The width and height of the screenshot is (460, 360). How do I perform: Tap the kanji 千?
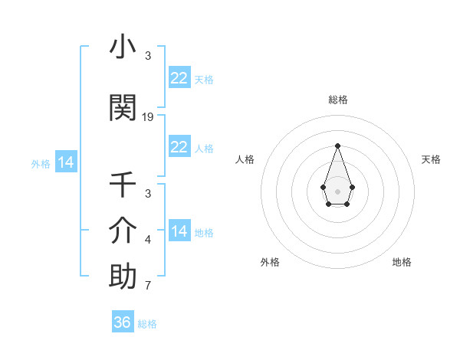123,185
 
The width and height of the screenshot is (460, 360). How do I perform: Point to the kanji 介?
123,230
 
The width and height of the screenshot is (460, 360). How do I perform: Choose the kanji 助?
123,276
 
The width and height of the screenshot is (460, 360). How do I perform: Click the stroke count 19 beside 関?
148,117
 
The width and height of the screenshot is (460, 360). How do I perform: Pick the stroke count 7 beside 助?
148,286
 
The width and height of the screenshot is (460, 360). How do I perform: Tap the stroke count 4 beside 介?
148,241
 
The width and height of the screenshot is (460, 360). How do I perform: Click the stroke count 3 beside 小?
148,56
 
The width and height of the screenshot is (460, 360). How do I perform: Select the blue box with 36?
123,322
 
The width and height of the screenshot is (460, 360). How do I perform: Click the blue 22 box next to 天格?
179,78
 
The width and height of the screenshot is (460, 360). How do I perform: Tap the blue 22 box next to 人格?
179,147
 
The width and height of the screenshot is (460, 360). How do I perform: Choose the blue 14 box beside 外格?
65,162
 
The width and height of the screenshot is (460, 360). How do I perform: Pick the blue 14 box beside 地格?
179,231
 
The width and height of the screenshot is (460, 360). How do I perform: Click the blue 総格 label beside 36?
147,324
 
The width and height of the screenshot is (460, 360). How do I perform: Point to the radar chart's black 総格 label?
337,100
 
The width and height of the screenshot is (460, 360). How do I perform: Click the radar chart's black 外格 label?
270,262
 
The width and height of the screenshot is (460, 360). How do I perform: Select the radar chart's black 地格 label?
402,262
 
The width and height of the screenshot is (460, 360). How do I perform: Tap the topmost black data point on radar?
337,146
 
